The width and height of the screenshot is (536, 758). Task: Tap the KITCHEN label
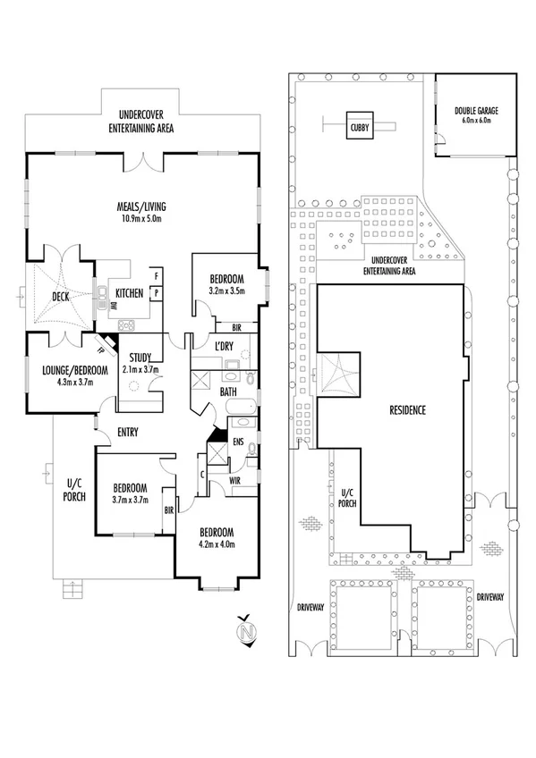[129, 293]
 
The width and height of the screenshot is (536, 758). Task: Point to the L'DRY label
[225, 346]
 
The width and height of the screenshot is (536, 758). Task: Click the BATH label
[228, 392]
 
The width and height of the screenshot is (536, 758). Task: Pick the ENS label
[239, 441]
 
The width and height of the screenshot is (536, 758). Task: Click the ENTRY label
[126, 434]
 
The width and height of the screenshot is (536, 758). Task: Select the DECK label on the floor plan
[60, 297]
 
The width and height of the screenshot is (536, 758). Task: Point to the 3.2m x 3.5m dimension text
[228, 291]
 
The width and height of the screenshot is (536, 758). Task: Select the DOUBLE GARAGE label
[475, 110]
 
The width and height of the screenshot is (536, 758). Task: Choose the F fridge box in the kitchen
[157, 276]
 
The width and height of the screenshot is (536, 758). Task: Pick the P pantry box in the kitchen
[157, 292]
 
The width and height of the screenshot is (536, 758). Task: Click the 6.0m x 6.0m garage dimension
[475, 120]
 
